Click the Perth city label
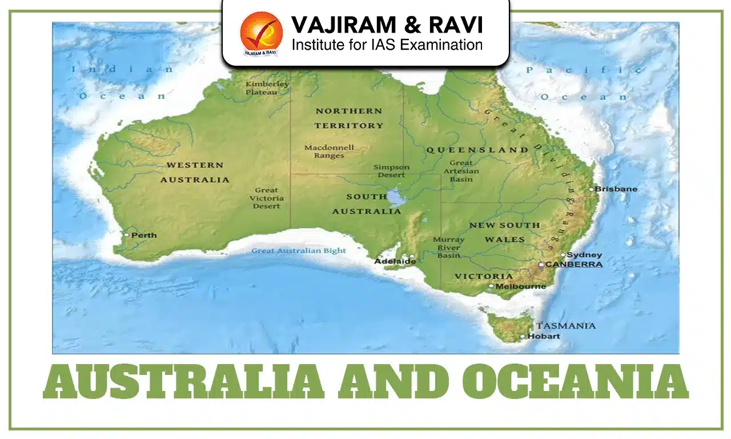(144, 235)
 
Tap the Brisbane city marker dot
(592, 189)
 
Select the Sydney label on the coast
(585, 255)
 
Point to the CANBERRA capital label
(574, 265)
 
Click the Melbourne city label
(521, 286)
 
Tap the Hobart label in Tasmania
(544, 336)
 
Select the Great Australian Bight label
(299, 251)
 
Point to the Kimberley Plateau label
(267, 88)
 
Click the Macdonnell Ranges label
(329, 151)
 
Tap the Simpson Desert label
(391, 171)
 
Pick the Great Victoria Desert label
(267, 198)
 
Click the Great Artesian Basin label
(461, 171)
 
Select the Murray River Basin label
(448, 248)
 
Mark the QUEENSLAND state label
(477, 150)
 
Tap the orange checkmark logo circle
(261, 32)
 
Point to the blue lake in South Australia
(395, 197)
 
